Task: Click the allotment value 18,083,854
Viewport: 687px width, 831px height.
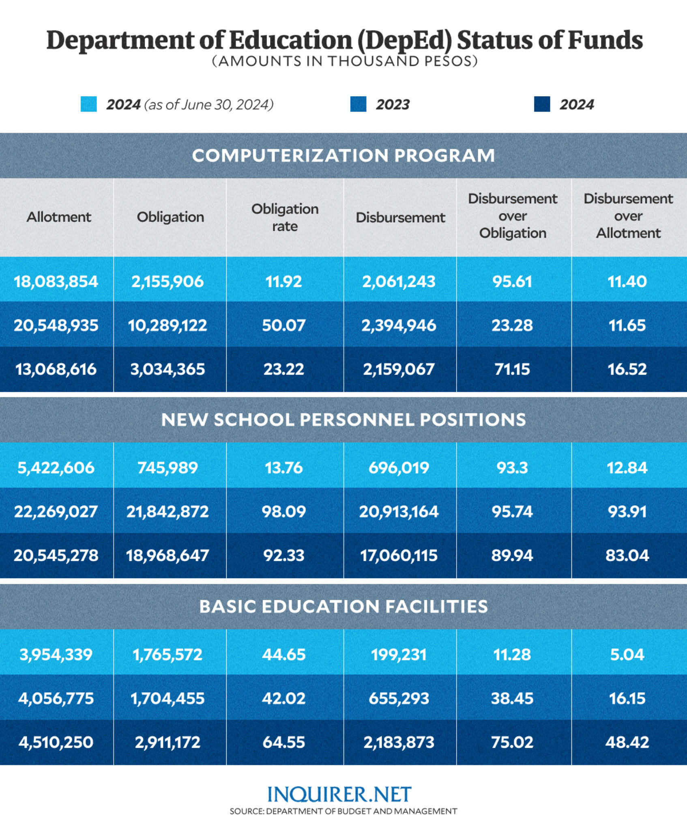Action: [x=56, y=281]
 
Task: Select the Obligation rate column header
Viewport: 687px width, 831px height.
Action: [x=285, y=217]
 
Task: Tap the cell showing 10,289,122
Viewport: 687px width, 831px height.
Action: [x=167, y=325]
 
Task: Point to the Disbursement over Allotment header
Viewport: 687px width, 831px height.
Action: [x=628, y=216]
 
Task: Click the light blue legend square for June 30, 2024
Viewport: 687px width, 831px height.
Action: [x=88, y=104]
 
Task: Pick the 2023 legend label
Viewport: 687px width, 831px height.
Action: [x=393, y=105]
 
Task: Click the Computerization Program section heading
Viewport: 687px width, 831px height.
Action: [x=343, y=155]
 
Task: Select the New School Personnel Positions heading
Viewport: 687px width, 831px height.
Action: [x=343, y=420]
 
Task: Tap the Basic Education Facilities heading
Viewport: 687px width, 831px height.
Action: [x=343, y=607]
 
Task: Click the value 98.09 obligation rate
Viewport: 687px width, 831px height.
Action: [x=283, y=511]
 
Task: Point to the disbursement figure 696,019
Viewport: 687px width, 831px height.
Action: [x=399, y=468]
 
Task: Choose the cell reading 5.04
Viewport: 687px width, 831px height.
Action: [x=627, y=654]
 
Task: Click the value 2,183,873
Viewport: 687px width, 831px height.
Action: [x=399, y=742]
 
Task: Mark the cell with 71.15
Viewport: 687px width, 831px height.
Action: [x=512, y=369]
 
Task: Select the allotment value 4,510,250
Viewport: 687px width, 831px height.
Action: [x=56, y=742]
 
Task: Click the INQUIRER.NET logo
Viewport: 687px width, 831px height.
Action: [x=339, y=794]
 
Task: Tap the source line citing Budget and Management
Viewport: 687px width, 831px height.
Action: [x=343, y=812]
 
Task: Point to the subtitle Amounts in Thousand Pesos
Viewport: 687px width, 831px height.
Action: [x=345, y=61]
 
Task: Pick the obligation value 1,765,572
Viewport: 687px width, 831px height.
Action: [x=167, y=654]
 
